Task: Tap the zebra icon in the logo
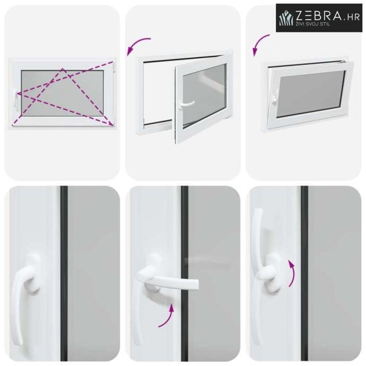[x=286, y=18]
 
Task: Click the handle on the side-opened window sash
[x=185, y=104]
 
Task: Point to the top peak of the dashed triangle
[x=63, y=68]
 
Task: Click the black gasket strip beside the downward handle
[x=64, y=274]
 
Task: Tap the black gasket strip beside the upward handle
[x=304, y=274]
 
